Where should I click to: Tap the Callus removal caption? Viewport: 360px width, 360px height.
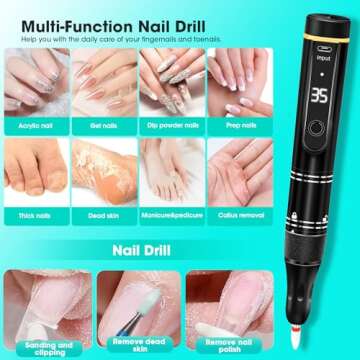point(236,215)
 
